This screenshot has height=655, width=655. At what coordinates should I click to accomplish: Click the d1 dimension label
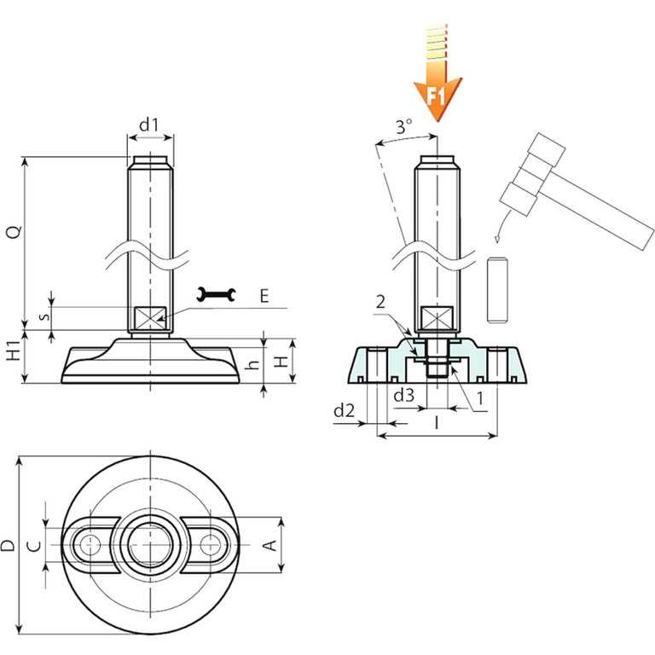[x=149, y=125]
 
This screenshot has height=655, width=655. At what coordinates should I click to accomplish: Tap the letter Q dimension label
[x=14, y=232]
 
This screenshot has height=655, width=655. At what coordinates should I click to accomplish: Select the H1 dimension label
[x=14, y=351]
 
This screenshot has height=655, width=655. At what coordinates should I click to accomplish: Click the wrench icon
[x=216, y=294]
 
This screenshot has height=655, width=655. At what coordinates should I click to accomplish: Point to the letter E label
[x=264, y=296]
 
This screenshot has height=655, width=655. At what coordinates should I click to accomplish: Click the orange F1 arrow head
[x=438, y=98]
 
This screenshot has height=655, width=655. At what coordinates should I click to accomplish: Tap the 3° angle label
[x=404, y=125]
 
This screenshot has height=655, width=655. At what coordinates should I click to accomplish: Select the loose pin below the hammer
[x=497, y=289]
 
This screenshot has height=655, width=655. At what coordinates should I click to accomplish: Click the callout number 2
[x=380, y=302]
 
